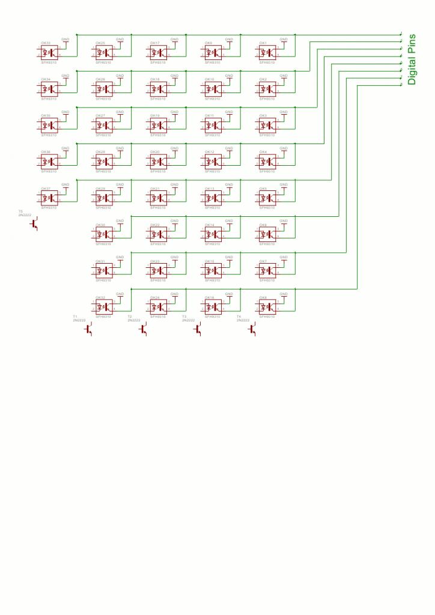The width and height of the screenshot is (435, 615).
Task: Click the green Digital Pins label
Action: pos(412,58)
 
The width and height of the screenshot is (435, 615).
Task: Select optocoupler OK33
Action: pos(49,52)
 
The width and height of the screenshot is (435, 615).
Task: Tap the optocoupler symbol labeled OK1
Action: pos(267,52)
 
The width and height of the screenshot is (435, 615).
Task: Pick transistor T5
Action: pos(34,223)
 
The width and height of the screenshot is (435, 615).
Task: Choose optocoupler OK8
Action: pos(267,306)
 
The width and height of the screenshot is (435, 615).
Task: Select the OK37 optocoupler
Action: pos(49,198)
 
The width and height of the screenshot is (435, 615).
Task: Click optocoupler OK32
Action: pos(103,306)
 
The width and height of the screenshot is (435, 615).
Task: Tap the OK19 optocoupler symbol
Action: pos(158,125)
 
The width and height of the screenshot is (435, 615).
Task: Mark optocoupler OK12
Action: pos(213,161)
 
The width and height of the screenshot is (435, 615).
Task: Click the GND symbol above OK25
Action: pos(120,40)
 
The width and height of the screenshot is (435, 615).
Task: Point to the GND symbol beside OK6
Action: pos(284,222)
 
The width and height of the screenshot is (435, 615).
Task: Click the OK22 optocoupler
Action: pos(158,234)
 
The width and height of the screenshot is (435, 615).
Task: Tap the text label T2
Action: pos(130,316)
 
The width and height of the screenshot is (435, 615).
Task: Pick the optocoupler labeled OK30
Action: pos(103,234)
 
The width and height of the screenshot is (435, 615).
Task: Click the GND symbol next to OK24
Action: pos(175,295)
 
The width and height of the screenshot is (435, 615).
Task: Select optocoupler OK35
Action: pos(49,125)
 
